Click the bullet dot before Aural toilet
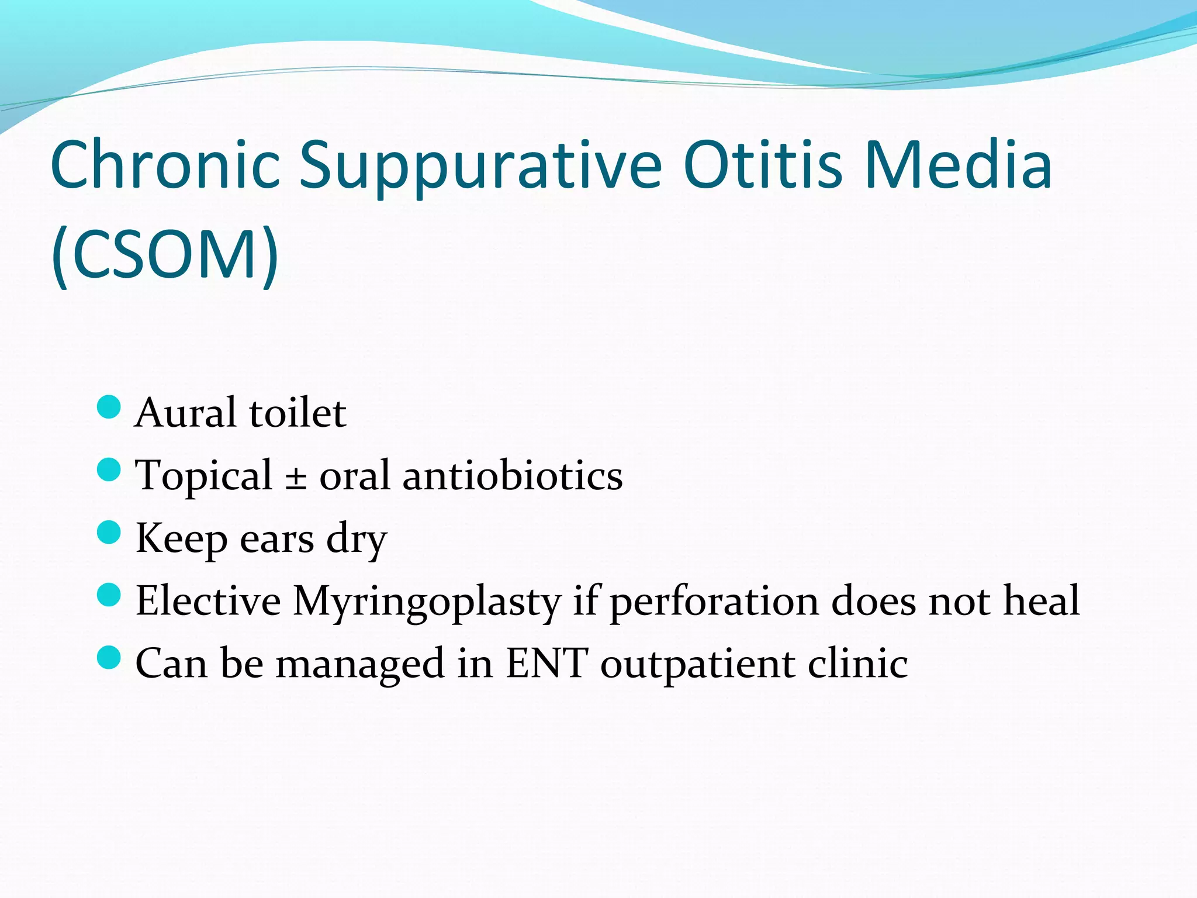coord(109,407)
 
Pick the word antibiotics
coord(513,475)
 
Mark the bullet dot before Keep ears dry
coord(109,533)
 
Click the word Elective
coord(208,601)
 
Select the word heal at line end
coord(1041,601)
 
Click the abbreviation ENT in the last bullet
coord(546,664)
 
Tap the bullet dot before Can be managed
coord(109,658)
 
